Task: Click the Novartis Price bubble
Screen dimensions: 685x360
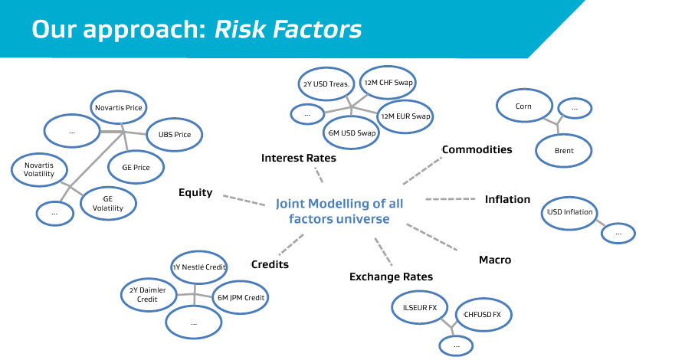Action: coord(119,107)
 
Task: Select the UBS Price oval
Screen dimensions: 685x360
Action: coord(174,135)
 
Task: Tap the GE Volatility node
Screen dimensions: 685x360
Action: coord(108,204)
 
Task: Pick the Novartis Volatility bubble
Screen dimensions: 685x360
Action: coord(39,169)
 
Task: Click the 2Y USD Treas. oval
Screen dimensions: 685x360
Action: coord(326,84)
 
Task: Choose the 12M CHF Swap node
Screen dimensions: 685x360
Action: coord(388,83)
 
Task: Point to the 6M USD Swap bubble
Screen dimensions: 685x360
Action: coord(352,133)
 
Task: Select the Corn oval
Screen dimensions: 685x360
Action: coord(524,106)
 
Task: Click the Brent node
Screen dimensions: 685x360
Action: coord(563,151)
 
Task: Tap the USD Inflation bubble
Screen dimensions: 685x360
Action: coord(569,213)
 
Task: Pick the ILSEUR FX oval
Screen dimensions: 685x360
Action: coord(420,308)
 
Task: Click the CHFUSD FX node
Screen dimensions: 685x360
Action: coord(483,315)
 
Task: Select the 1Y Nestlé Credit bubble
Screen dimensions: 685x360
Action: coord(198,267)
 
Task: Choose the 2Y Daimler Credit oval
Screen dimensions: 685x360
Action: coord(149,294)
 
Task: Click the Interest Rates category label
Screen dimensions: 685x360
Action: coord(299,158)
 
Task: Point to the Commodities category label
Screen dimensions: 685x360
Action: coord(477,149)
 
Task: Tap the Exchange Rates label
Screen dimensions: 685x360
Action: coord(391,277)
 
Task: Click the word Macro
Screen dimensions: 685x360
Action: coord(495,260)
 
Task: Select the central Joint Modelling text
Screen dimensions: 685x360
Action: coord(339,211)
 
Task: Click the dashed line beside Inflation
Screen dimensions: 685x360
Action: coord(451,199)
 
